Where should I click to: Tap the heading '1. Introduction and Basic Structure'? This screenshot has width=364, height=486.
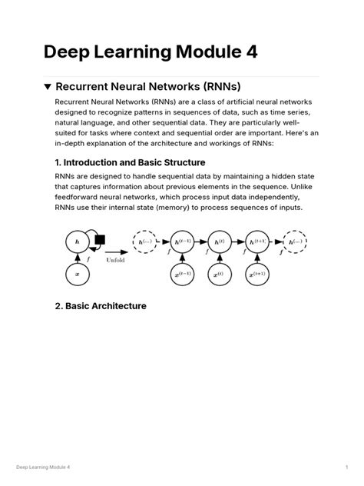(x=130, y=162)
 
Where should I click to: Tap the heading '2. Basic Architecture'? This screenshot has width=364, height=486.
(x=101, y=306)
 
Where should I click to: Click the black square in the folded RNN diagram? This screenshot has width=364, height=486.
(x=100, y=239)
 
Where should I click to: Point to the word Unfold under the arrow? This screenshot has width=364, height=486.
(x=117, y=259)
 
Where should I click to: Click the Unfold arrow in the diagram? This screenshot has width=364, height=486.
(x=117, y=251)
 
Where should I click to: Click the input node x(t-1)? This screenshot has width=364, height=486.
(x=183, y=275)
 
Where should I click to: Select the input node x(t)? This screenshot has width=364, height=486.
(x=219, y=275)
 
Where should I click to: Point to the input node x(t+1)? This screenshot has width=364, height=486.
(x=256, y=275)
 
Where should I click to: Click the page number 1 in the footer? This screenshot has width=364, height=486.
(x=347, y=467)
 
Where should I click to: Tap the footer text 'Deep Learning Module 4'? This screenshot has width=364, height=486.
(x=43, y=467)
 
